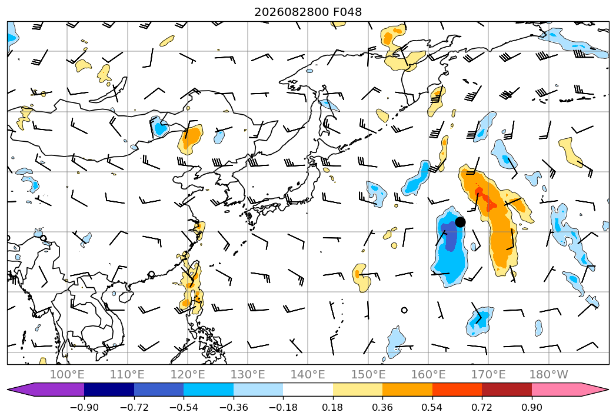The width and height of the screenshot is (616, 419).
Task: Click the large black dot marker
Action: (460, 222)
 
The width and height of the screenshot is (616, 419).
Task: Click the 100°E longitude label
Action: (67, 375)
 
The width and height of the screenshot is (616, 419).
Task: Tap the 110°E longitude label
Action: (127, 375)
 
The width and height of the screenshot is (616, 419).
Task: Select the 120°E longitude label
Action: (188, 375)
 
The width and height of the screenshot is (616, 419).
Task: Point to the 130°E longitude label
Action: (248, 375)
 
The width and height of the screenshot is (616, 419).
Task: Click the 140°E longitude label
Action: (308, 375)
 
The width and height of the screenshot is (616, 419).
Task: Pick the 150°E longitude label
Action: (368, 375)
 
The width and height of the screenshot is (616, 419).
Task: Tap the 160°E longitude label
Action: (428, 375)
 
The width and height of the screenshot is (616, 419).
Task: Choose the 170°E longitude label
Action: (488, 375)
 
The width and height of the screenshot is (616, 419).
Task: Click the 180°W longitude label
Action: (549, 375)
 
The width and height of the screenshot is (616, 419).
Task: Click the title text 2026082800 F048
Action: (308, 12)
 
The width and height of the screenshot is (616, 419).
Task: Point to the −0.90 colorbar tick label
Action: (84, 407)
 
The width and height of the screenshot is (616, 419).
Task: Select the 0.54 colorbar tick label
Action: (432, 407)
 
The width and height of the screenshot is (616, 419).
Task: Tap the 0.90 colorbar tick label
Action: (531, 407)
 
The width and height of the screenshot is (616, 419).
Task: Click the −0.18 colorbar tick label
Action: (283, 407)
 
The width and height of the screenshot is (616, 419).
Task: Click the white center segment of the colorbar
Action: (308, 390)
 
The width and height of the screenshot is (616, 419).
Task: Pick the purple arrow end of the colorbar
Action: (45, 390)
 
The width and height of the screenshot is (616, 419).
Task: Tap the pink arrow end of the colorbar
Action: (570, 390)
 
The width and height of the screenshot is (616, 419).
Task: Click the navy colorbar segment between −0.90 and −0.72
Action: (109, 390)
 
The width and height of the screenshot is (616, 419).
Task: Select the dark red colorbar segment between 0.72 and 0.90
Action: (507, 390)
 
